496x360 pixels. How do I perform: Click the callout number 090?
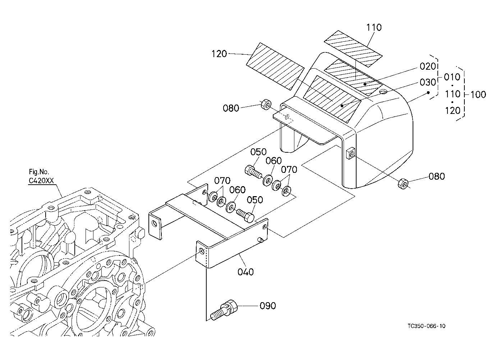[x=268, y=306]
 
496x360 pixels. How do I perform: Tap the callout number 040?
[x=245, y=272]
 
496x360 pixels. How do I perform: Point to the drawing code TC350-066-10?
[x=427, y=326]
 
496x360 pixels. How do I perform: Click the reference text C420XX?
[x=41, y=181]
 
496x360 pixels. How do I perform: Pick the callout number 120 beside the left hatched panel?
[x=219, y=54]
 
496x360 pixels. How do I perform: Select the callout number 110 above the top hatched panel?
[x=374, y=27]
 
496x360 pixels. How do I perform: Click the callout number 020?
[x=428, y=66]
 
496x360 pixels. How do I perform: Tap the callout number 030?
[x=428, y=83]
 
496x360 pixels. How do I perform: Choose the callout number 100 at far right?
[x=478, y=95]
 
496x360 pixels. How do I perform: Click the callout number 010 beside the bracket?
[x=452, y=77]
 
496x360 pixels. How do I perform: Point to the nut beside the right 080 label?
[x=403, y=184]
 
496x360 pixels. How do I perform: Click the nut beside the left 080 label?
[x=266, y=104]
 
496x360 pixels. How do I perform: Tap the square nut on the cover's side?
[x=350, y=153]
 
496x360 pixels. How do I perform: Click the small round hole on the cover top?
[x=383, y=92]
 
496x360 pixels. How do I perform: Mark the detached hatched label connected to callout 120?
[x=275, y=66]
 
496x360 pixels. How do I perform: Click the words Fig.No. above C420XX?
[x=39, y=172]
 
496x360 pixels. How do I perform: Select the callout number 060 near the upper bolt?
[x=274, y=161]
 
